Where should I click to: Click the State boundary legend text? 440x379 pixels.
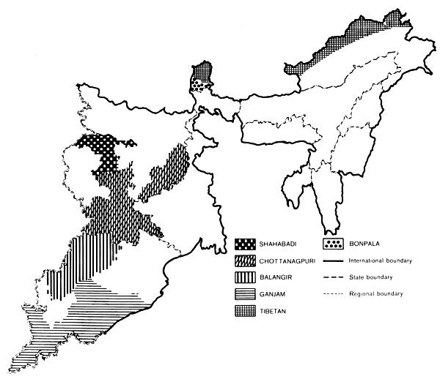[x=379, y=278]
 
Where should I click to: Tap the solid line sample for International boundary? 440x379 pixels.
[x=337, y=260]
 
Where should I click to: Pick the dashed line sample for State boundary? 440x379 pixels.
[x=337, y=278]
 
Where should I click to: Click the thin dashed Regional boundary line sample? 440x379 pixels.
[x=337, y=296]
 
